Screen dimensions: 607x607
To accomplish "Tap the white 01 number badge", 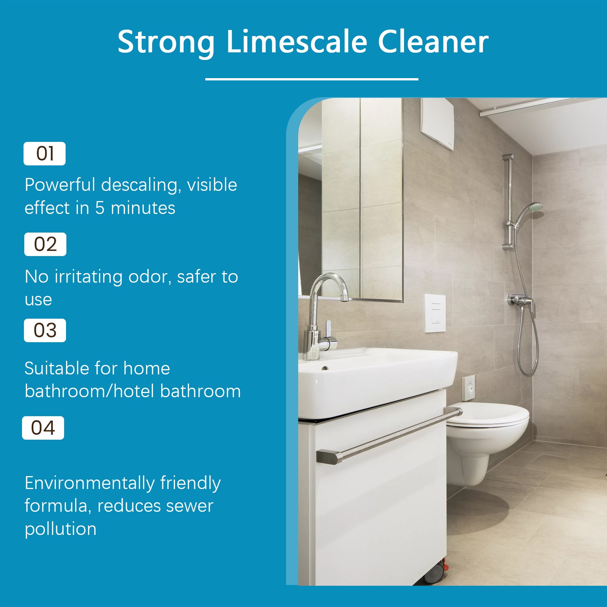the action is [44, 154].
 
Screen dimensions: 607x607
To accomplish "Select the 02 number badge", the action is [45, 244].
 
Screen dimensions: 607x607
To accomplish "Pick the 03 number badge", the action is [45, 330].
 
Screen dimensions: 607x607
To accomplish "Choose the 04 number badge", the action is [43, 428].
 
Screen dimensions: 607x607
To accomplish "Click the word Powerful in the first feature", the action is [60, 185].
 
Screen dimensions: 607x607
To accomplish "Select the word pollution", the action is [61, 529].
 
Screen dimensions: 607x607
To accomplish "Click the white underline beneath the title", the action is [311, 79].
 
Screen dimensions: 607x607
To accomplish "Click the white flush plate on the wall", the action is [435, 313].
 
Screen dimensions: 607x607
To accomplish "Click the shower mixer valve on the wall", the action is [522, 301].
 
